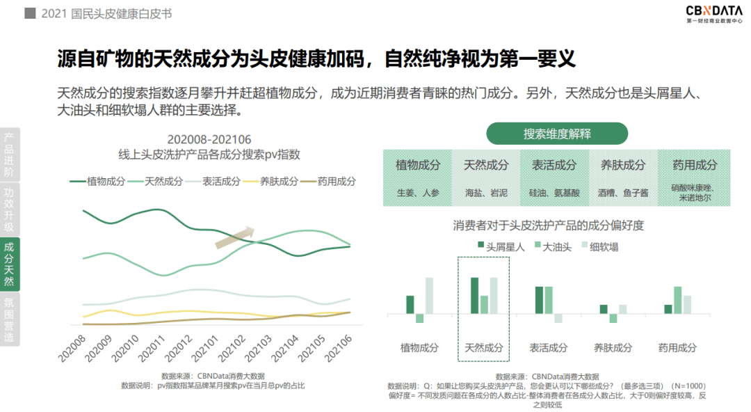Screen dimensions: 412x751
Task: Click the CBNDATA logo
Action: pyautogui.click(x=713, y=14)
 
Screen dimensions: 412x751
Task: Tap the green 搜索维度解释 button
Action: pyautogui.click(x=557, y=134)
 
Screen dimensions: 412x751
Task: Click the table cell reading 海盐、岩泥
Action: pyautogui.click(x=486, y=193)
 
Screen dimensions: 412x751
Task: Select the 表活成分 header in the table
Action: pyautogui.click(x=554, y=166)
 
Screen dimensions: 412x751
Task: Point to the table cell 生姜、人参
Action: pyautogui.click(x=418, y=193)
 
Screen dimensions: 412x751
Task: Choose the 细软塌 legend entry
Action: pyautogui.click(x=598, y=246)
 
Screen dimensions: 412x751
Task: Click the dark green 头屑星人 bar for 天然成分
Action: pyautogui.click(x=474, y=296)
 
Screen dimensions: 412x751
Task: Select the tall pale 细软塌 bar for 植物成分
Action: pyautogui.click(x=429, y=296)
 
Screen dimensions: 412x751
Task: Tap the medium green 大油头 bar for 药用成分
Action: pyautogui.click(x=677, y=300)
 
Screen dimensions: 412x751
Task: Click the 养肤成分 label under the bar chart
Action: pyautogui.click(x=613, y=348)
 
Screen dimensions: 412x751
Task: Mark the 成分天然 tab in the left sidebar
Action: pyautogui.click(x=9, y=264)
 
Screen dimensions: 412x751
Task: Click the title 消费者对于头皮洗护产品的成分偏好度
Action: pyautogui.click(x=549, y=225)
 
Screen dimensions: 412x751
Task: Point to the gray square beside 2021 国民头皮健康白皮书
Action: pyautogui.click(x=30, y=13)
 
